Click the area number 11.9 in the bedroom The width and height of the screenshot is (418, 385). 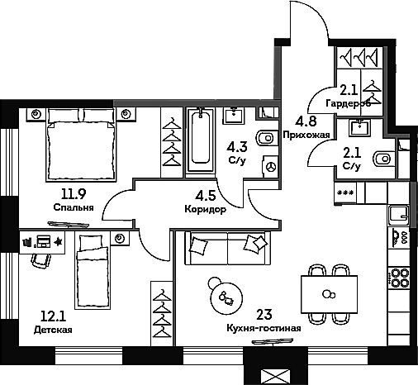pyautogui.click(x=74, y=194)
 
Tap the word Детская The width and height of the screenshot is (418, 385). pyautogui.click(x=53, y=330)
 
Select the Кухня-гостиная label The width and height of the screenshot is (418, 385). pyautogui.click(x=264, y=328)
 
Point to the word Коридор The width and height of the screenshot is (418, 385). pyautogui.click(x=206, y=209)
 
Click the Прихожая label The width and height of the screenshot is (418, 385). pyautogui.click(x=306, y=135)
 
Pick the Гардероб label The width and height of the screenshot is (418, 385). pyautogui.click(x=349, y=103)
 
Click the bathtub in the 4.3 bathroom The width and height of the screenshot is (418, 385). pyautogui.click(x=201, y=141)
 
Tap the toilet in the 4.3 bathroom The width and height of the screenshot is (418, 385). pyautogui.click(x=265, y=137)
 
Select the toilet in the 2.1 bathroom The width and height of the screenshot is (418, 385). pyautogui.click(x=382, y=159)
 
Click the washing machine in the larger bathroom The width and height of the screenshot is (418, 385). pyautogui.click(x=270, y=166)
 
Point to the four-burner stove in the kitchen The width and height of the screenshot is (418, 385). pyautogui.click(x=399, y=278)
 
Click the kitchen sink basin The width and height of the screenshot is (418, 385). pyautogui.click(x=399, y=215)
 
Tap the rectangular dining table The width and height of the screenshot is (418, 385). pyautogui.click(x=329, y=294)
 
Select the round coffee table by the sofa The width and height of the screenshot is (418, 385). pyautogui.click(x=226, y=297)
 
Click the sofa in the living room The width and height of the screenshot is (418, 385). pyautogui.click(x=227, y=248)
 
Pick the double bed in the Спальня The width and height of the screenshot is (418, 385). pyautogui.click(x=81, y=145)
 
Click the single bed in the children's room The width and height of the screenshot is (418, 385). pyautogui.click(x=93, y=271)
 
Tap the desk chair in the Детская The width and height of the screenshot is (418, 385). pyautogui.click(x=41, y=260)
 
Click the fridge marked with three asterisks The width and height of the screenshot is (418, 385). pyautogui.click(x=345, y=192)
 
